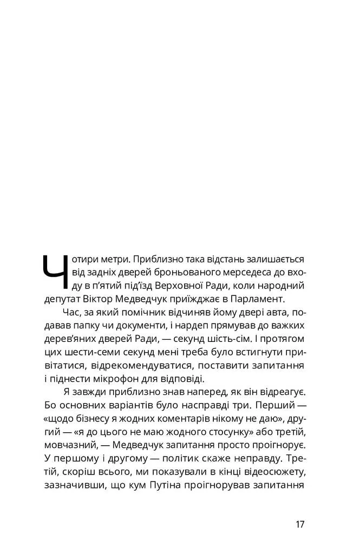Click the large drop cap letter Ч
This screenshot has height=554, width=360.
[55, 272]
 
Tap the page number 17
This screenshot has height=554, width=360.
[300, 524]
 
